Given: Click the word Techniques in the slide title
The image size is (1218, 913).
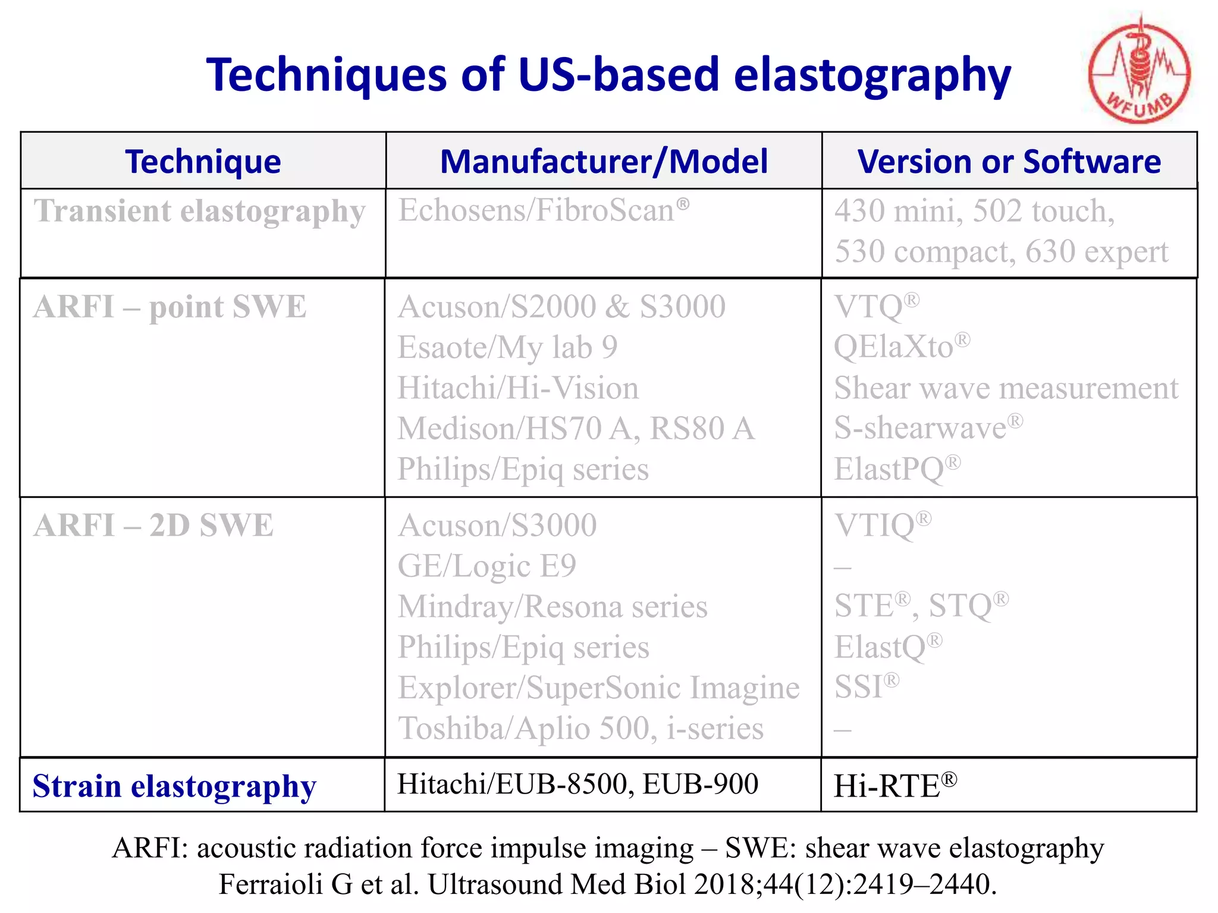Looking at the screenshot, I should (x=327, y=75).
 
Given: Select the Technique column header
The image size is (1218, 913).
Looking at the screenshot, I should (x=203, y=162).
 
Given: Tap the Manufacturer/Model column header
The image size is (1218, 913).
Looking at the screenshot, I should (x=604, y=162).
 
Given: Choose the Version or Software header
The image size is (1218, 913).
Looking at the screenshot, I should (x=1009, y=162).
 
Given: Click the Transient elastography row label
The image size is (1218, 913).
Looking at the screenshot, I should (x=199, y=212).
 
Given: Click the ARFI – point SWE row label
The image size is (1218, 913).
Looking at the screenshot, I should (x=169, y=307).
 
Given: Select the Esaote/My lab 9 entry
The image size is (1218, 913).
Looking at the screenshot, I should (x=507, y=348).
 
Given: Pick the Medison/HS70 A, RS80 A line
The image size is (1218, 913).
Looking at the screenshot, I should (x=576, y=429).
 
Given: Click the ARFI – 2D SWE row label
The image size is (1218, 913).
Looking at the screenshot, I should (x=153, y=526).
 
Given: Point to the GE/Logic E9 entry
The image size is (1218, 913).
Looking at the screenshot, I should (x=486, y=566).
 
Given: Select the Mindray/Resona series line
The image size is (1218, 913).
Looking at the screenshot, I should (x=553, y=607).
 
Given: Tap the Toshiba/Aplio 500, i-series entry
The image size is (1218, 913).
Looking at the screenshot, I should (x=580, y=729).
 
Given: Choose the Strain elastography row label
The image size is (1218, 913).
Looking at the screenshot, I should (x=174, y=786).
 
